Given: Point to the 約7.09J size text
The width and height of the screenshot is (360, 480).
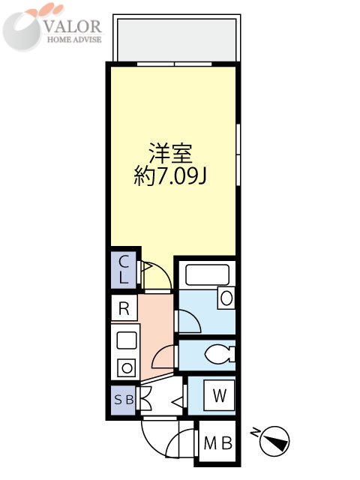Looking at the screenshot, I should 171,177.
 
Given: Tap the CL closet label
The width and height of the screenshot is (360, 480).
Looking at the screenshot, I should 124,268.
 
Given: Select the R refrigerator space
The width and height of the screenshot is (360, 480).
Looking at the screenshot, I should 124,308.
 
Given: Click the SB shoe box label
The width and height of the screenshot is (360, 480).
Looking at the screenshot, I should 124,400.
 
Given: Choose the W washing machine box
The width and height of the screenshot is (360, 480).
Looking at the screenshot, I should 219,394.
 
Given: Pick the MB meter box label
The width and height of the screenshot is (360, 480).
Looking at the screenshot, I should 218,442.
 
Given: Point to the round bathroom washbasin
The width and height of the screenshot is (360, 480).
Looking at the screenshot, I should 226,298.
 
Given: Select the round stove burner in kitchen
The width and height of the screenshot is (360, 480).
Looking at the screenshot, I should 127,368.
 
